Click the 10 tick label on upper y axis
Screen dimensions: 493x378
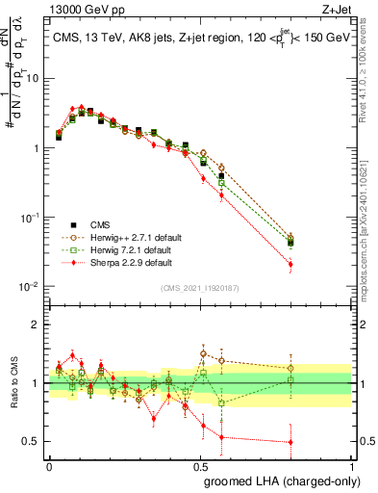tap(34, 79)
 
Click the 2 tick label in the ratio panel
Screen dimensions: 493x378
tap(38, 324)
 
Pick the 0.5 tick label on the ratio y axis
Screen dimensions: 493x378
tap(34, 442)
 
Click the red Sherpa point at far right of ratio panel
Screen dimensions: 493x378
tap(290, 442)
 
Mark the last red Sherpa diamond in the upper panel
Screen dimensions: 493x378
tap(290, 264)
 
